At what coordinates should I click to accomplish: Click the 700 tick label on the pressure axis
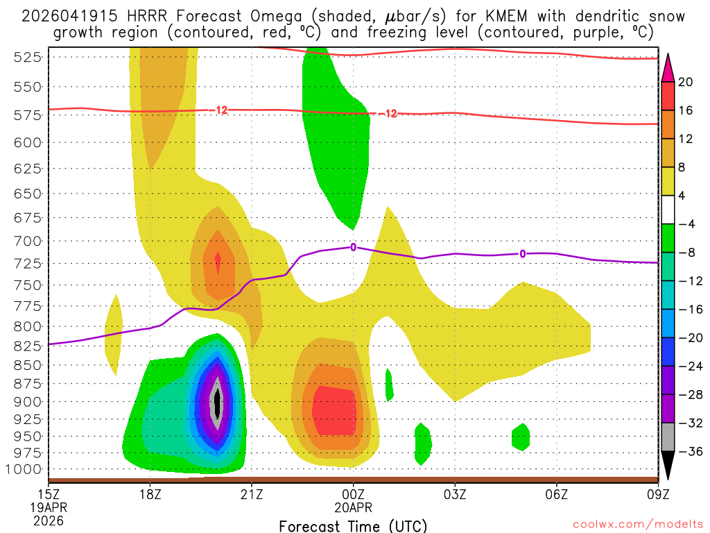tap(27, 241)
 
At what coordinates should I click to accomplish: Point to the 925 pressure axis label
tap(27, 419)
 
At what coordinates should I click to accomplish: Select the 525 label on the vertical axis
tap(27, 58)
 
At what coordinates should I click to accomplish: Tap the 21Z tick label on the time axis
tap(252, 494)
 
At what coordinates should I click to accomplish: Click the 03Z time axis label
tap(455, 494)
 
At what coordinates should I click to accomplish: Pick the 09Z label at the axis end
tap(658, 494)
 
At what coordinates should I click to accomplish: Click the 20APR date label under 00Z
tap(354, 507)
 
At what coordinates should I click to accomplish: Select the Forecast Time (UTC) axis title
tap(353, 525)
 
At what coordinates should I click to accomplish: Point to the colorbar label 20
tap(686, 82)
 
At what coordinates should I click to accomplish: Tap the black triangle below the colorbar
tap(668, 466)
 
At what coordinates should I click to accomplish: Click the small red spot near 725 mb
tap(218, 262)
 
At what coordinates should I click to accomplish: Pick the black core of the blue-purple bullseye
tap(217, 401)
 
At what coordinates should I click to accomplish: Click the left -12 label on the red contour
tap(221, 110)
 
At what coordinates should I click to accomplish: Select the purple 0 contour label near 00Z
tap(354, 246)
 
